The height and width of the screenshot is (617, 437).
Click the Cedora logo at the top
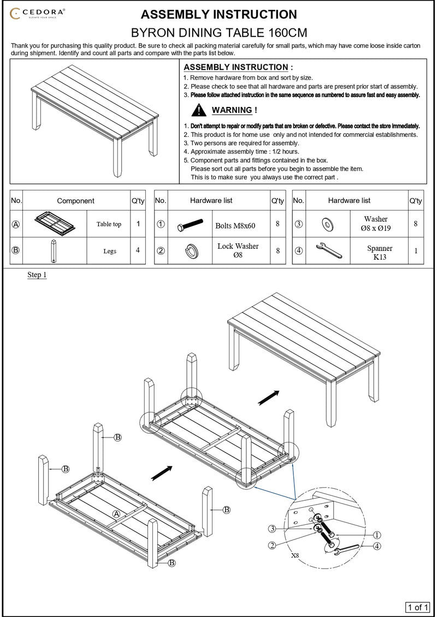[x=37, y=14]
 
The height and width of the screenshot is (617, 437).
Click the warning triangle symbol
[x=199, y=110]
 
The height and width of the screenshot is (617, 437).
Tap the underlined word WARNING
[x=232, y=110]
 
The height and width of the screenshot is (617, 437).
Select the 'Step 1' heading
[x=37, y=274]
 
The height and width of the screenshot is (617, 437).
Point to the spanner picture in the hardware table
[x=329, y=250]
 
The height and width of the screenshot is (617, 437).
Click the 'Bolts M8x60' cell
[x=235, y=226]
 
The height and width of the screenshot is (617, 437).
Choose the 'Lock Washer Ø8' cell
[x=238, y=250]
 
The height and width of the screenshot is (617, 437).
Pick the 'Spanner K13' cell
[x=380, y=253]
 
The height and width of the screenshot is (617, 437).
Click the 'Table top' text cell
[x=109, y=224]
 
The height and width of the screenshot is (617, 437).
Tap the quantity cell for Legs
[x=138, y=250]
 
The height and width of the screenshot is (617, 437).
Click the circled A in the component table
[x=16, y=224]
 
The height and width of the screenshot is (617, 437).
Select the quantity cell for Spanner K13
[x=416, y=250]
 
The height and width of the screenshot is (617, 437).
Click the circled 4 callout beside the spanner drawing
[x=377, y=546]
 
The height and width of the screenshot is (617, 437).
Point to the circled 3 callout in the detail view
[x=272, y=529]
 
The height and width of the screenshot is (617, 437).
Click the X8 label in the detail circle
[x=295, y=555]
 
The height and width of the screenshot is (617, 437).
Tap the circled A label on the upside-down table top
[x=116, y=514]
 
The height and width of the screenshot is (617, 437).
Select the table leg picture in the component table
[x=53, y=250]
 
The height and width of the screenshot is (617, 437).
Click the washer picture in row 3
[x=327, y=224]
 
